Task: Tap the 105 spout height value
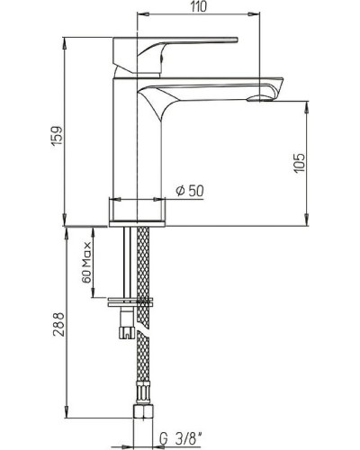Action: tap(299, 160)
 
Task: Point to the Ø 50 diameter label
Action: tap(190, 191)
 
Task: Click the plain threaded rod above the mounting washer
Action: tap(125, 261)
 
